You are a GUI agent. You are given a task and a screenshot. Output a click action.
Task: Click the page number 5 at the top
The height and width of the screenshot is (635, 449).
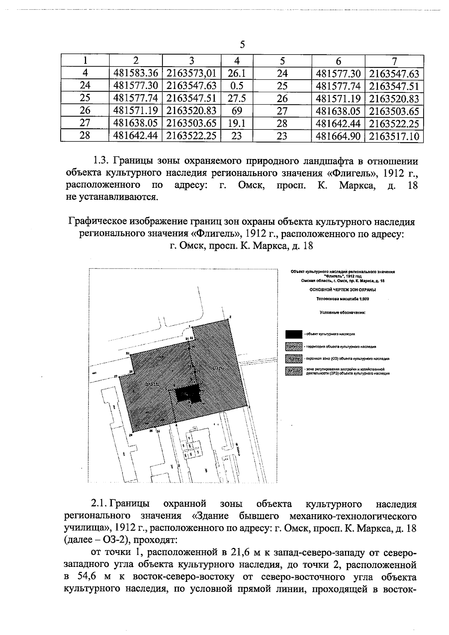[242, 45]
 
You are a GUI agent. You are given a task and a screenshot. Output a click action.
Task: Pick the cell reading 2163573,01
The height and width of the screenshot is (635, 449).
[191, 73]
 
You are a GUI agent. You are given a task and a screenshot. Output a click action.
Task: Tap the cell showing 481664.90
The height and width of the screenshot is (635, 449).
[338, 136]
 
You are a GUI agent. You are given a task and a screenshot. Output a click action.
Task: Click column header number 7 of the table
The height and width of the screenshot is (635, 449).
[394, 61]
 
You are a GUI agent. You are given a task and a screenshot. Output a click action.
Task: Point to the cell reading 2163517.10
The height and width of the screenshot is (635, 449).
[394, 136]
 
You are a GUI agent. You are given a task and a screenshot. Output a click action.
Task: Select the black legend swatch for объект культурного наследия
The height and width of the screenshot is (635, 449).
[294, 333]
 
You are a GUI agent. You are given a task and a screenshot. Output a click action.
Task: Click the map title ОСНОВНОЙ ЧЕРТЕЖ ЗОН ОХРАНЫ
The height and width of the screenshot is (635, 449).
[342, 289]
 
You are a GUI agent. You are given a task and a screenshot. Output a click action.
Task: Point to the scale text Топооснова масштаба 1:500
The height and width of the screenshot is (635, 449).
[342, 299]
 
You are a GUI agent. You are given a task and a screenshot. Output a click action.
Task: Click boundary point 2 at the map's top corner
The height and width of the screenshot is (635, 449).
[230, 317]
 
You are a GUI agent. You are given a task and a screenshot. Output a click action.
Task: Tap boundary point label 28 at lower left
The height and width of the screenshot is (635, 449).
[130, 435]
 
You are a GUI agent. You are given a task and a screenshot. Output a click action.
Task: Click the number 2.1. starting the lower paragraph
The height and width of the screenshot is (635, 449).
[100, 504]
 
